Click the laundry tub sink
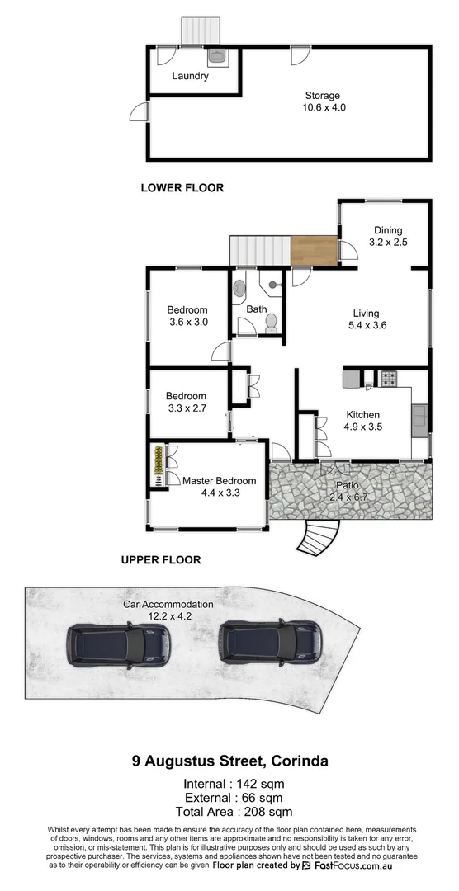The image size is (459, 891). tap(215, 56)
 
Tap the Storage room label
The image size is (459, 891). tap(322, 96)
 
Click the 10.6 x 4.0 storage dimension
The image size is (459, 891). tap(322, 107)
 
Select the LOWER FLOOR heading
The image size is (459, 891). tap(182, 188)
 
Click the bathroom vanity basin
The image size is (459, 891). tap(239, 290)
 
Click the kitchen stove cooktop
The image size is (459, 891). tap(387, 379)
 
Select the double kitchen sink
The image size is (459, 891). tap(420, 420)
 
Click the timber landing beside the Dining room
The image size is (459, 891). tap(314, 251)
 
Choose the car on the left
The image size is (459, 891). tap(119, 643)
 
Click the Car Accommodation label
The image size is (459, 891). tap(168, 604)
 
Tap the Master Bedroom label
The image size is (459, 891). tap(219, 481)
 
